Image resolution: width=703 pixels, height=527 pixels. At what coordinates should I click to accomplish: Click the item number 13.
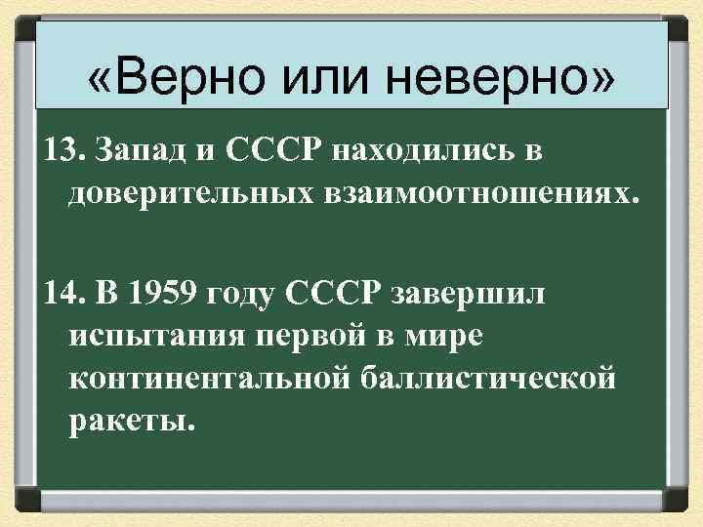coord(60,153)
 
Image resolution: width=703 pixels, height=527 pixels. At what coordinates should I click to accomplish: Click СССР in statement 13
coord(274,153)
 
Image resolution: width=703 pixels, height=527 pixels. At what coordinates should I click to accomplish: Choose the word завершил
coord(468,293)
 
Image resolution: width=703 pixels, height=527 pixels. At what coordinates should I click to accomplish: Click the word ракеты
coord(131,421)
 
